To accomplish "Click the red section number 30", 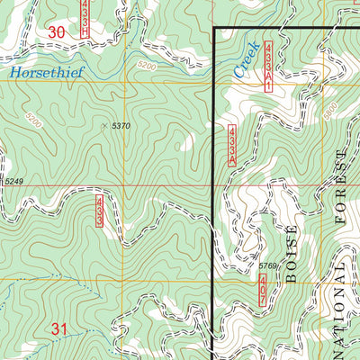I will pyautogui.click(x=57, y=32).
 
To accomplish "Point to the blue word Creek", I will pyautogui.click(x=246, y=58).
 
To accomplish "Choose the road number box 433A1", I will pyautogui.click(x=268, y=66).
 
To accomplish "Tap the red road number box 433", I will pyautogui.click(x=100, y=210).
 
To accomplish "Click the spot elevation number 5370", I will pyautogui.click(x=121, y=125).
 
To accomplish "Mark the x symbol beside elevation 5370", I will pyautogui.click(x=104, y=125).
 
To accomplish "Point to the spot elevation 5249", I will pyautogui.click(x=13, y=183).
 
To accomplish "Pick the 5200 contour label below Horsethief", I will pyautogui.click(x=33, y=118).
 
